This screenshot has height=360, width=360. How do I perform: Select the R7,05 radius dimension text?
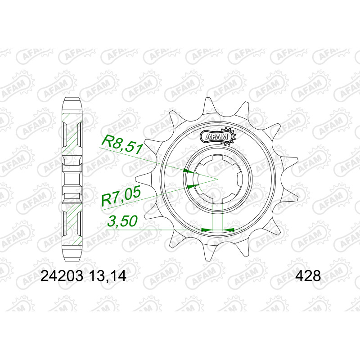(x=121, y=196)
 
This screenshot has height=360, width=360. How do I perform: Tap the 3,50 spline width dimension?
(x=123, y=221)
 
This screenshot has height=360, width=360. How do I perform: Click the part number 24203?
(x=62, y=276)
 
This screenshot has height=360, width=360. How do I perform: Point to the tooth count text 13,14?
(x=108, y=276)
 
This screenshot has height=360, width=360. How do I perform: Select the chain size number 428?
(x=308, y=276)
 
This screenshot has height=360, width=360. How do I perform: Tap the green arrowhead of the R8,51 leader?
(x=189, y=171)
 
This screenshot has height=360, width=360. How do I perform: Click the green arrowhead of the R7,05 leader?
(x=193, y=186)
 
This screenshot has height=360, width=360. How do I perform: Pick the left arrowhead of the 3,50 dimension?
(x=207, y=229)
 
